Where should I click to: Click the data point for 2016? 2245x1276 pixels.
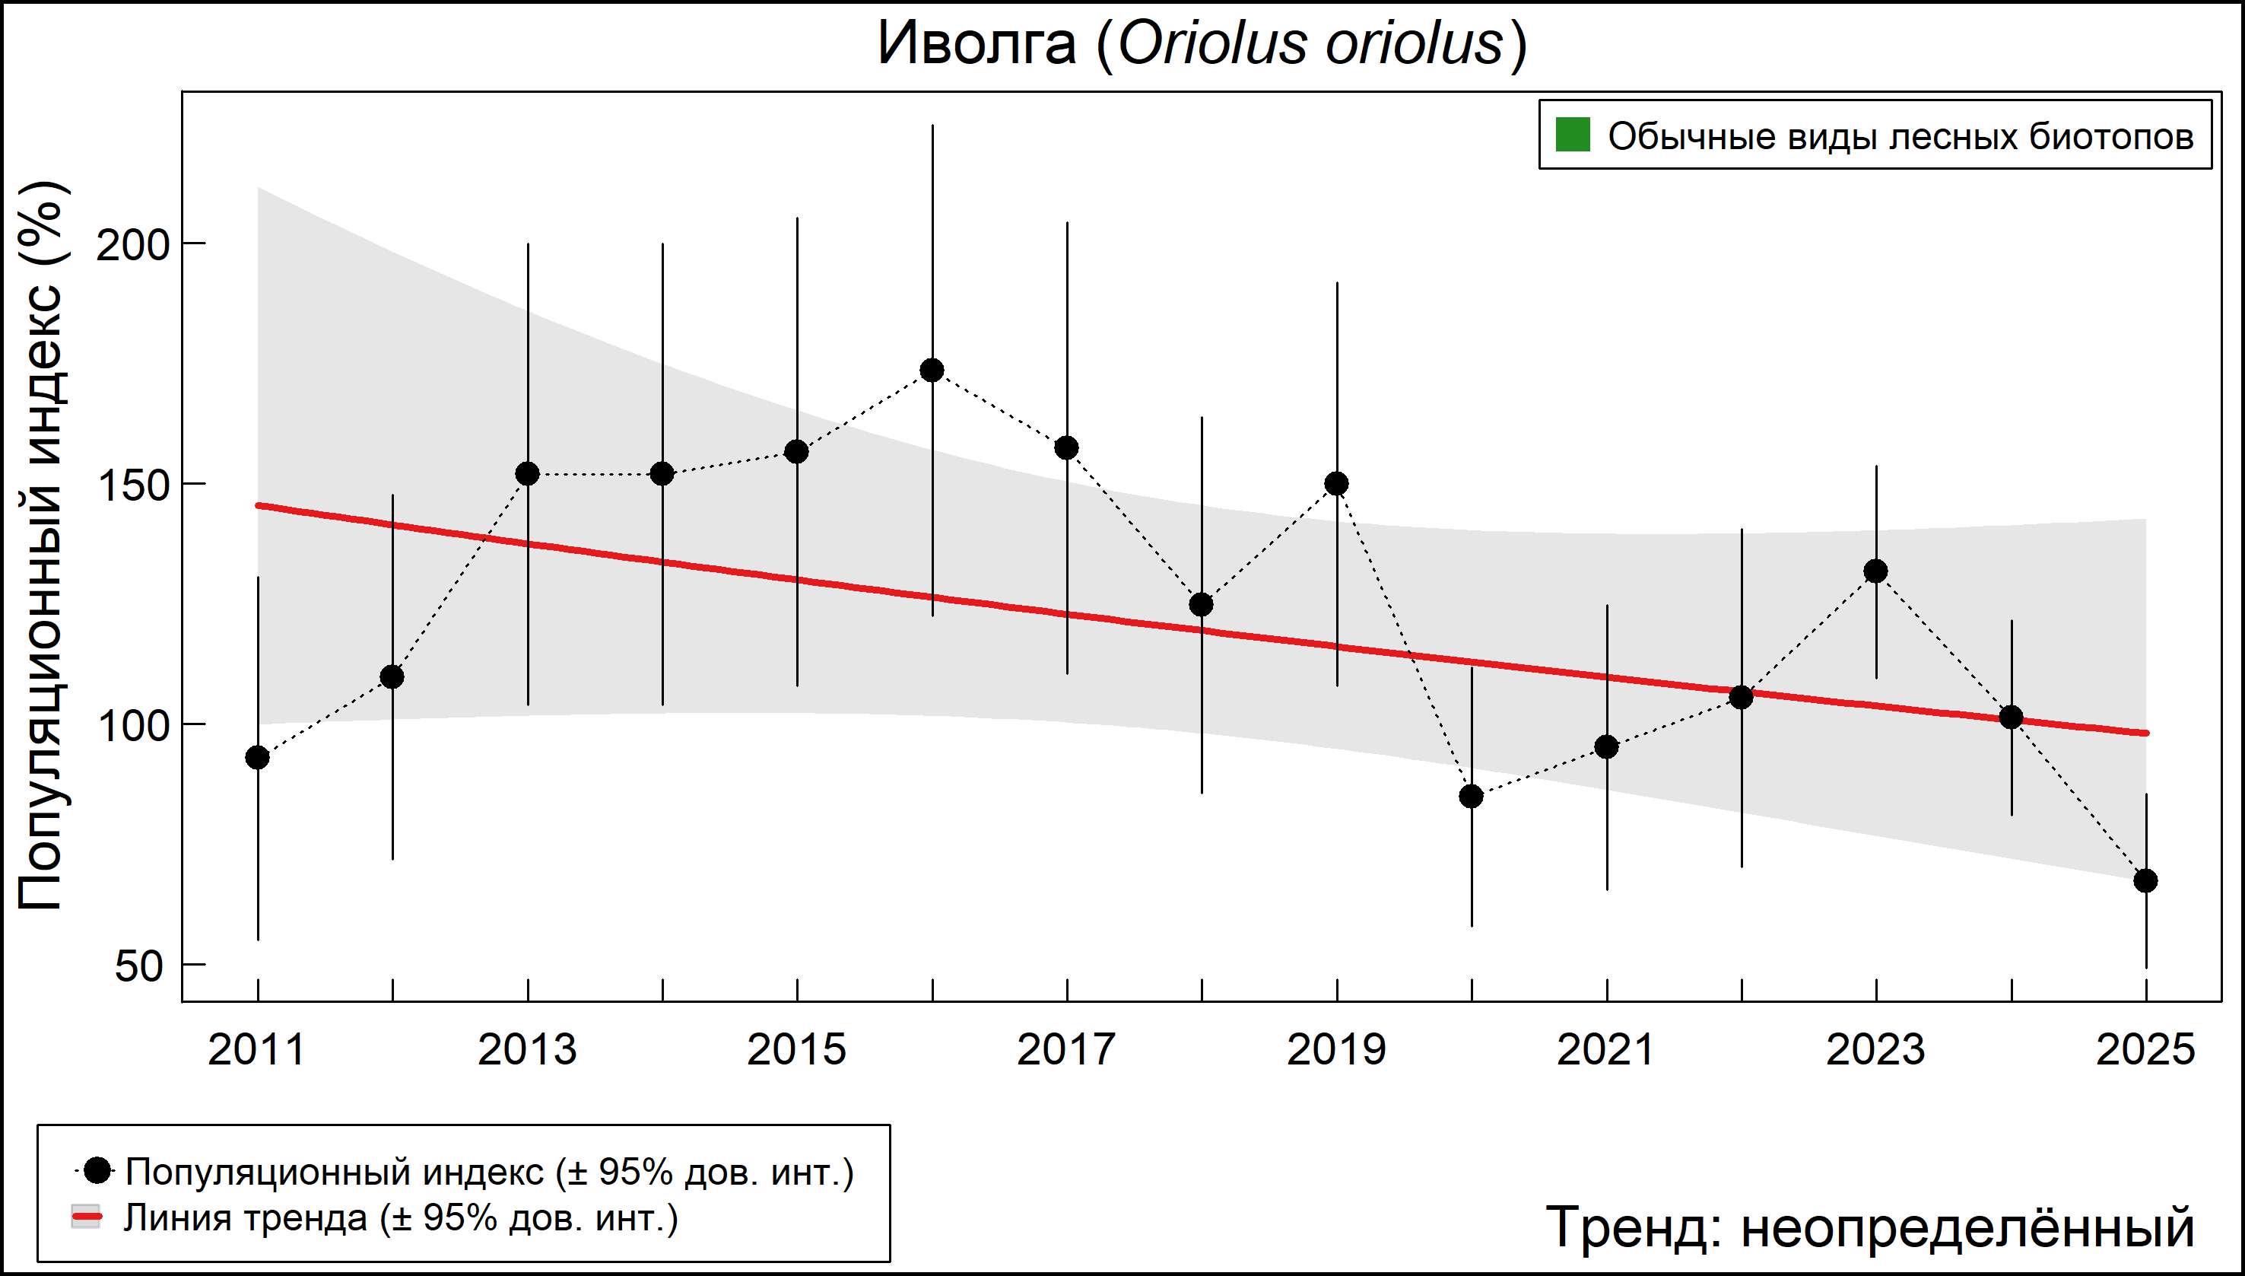tap(932, 370)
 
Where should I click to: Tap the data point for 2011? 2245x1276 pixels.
tap(258, 757)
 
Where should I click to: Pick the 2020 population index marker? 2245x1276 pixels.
tap(1472, 797)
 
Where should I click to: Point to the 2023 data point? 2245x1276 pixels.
tap(1875, 571)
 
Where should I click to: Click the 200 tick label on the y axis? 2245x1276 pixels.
tap(132, 245)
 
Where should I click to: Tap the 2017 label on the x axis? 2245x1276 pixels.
tap(1066, 1050)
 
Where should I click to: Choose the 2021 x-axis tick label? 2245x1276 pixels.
tap(1605, 1050)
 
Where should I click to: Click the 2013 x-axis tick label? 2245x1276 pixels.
tap(527, 1050)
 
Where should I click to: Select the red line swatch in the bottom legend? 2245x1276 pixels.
tap(86, 1217)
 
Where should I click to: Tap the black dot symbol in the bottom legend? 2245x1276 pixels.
tap(98, 1170)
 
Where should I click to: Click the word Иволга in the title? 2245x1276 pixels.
tap(976, 44)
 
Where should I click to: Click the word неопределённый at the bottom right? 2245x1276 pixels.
tap(1967, 1227)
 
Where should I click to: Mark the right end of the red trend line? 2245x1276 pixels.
tap(2145, 733)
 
